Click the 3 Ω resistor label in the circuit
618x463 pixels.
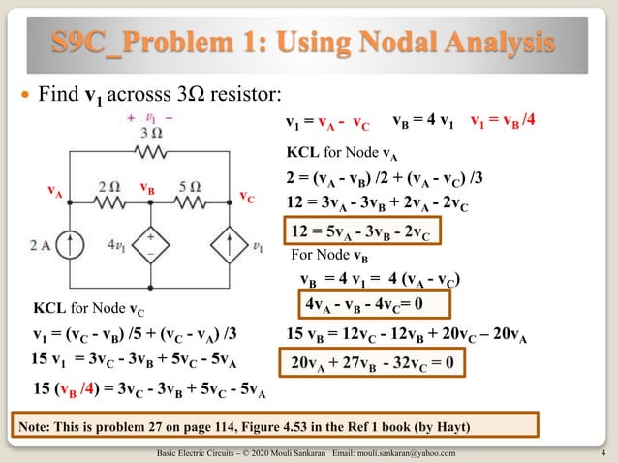pos(150,132)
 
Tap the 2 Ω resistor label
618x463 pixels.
pos(109,185)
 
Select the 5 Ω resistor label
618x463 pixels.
pos(189,185)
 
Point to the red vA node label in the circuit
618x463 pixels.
pos(57,193)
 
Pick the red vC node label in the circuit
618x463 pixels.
pos(248,197)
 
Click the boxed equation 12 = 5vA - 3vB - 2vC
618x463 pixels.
pos(361,231)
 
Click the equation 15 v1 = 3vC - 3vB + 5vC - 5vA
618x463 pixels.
pos(130,360)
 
